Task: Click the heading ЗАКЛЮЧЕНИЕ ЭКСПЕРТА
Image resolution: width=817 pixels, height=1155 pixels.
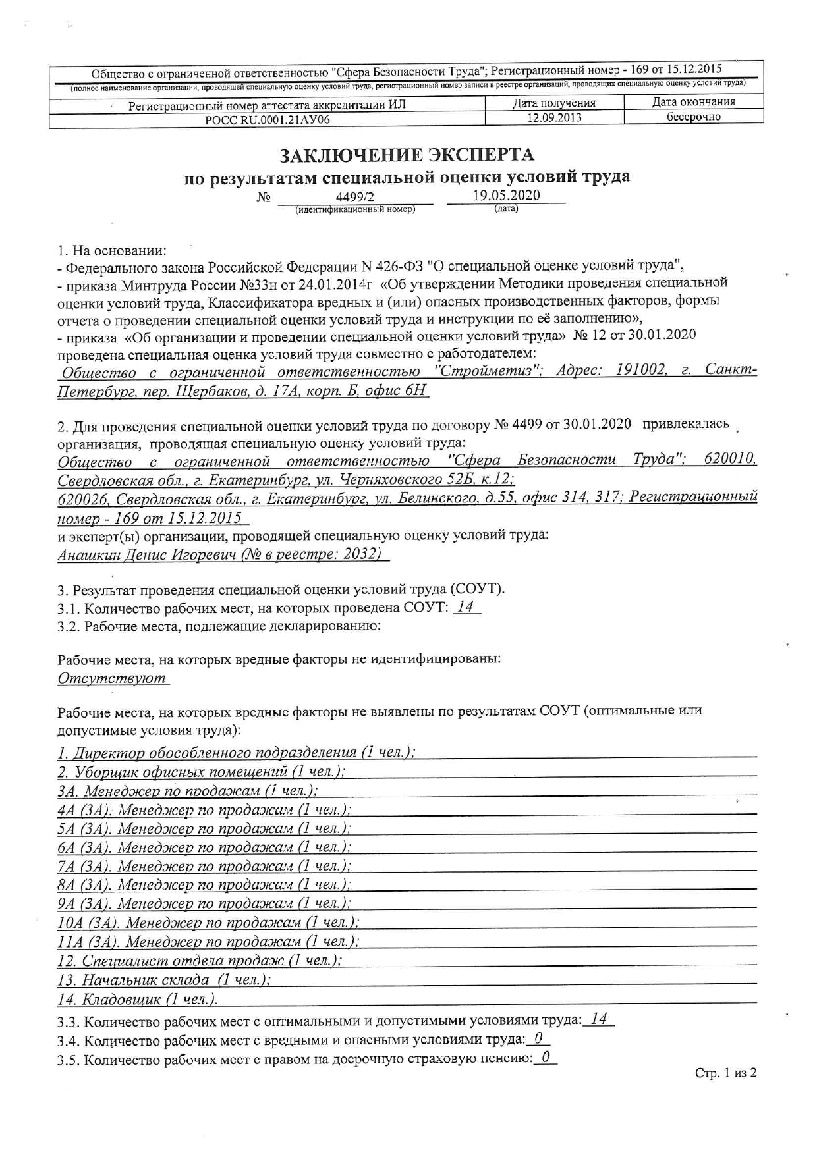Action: [407, 155]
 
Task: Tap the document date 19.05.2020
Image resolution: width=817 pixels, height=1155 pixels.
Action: [506, 195]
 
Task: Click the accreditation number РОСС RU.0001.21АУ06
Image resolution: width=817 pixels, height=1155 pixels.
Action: [268, 119]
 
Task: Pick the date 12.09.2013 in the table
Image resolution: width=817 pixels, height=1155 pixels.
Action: [554, 117]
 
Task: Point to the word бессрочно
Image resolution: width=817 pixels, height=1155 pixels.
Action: [693, 117]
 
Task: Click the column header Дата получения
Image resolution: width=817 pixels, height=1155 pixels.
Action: [554, 103]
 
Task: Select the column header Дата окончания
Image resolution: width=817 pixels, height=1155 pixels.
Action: [693, 102]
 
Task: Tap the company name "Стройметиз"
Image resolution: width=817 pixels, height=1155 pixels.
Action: [488, 371]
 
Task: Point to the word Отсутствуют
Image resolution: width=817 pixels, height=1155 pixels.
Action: [112, 678]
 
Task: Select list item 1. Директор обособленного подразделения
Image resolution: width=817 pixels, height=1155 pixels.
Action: [236, 753]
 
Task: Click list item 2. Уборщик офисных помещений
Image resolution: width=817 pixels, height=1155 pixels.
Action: [202, 772]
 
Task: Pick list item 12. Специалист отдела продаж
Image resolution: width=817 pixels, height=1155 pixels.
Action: [200, 961]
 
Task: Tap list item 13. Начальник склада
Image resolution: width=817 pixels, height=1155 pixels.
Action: [164, 980]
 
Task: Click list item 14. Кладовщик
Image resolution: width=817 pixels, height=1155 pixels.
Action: [137, 1000]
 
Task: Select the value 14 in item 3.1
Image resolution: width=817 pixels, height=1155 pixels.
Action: [466, 607]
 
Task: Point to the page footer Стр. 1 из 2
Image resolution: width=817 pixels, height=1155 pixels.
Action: [725, 1073]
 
